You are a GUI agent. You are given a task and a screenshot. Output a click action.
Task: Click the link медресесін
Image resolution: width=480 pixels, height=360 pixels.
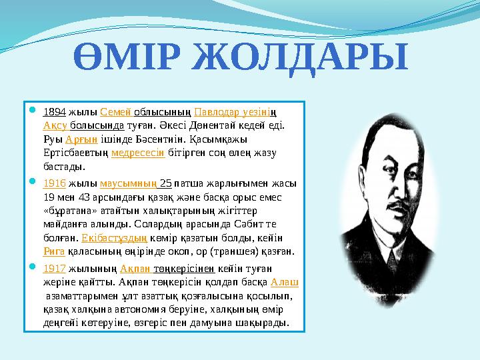pos(138,152)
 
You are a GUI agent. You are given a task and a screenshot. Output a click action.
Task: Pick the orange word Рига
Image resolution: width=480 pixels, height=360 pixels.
pos(54,251)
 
